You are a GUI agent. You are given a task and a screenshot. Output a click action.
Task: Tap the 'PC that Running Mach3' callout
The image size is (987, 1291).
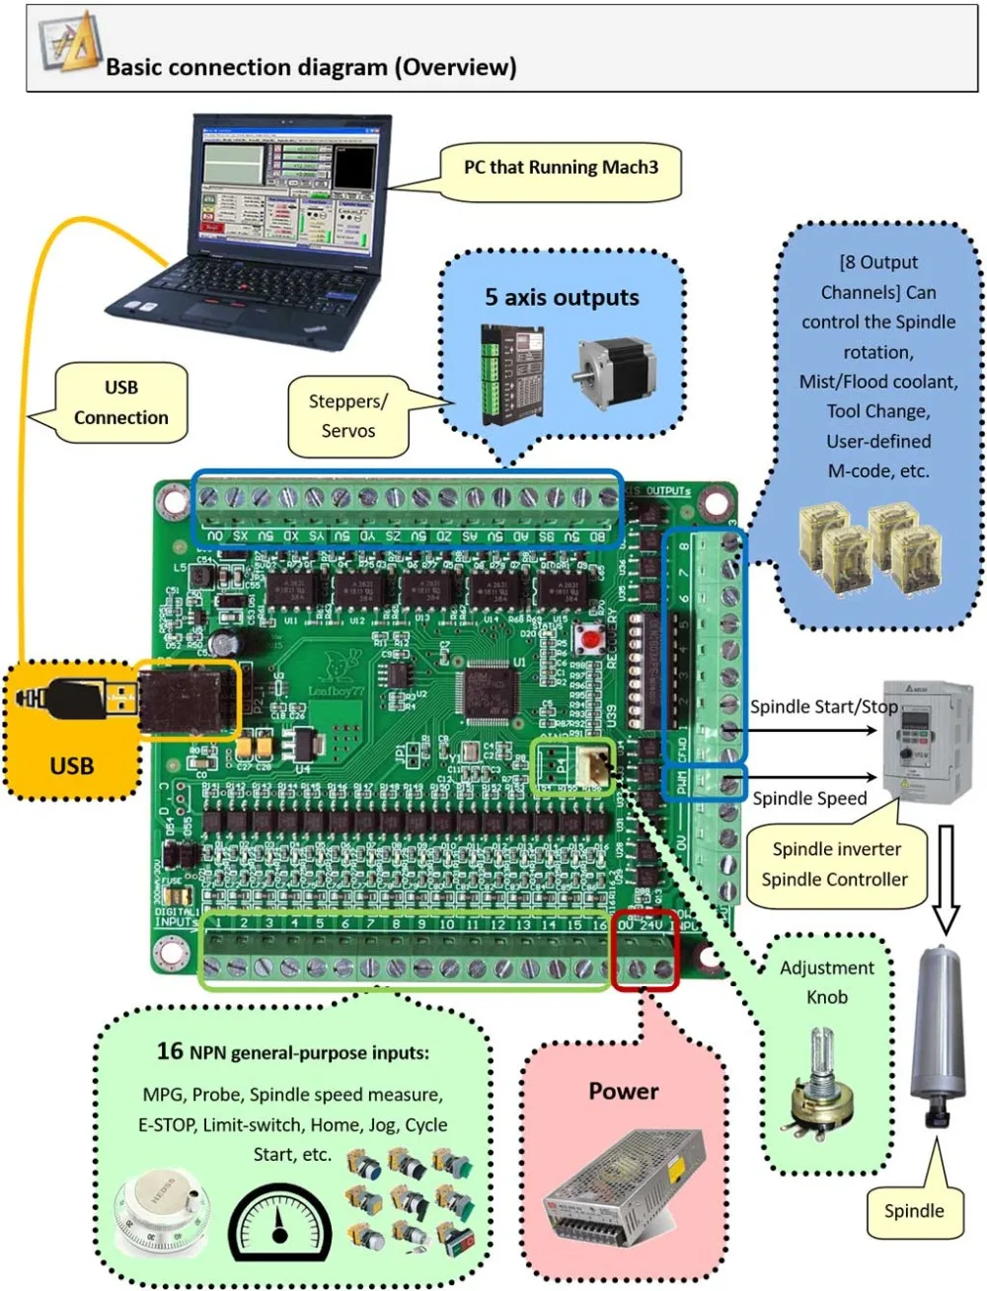(560, 168)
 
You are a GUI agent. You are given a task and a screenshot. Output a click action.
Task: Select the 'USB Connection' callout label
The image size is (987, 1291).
(120, 402)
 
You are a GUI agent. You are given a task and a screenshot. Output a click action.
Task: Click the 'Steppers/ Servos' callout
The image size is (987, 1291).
(347, 416)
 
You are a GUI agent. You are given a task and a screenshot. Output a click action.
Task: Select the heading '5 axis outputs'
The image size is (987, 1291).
(561, 298)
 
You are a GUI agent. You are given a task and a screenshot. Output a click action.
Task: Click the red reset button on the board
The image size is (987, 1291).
(590, 640)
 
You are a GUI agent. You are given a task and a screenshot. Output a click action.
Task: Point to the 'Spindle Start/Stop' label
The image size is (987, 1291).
(823, 707)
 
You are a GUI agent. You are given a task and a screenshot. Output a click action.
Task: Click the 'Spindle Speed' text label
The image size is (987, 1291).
(809, 799)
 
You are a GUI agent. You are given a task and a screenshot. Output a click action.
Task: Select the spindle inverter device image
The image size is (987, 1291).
(926, 739)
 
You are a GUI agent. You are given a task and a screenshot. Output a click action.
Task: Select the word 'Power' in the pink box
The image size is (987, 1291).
(623, 1091)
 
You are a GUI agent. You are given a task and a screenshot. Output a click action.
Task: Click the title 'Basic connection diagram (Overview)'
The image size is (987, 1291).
(311, 67)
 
